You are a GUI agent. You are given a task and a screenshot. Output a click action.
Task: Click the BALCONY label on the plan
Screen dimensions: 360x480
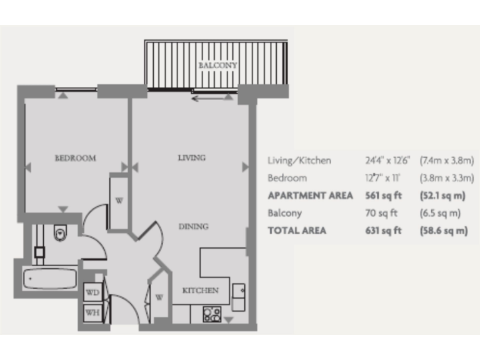(215, 65)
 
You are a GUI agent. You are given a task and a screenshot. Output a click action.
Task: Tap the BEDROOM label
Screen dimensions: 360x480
(76, 158)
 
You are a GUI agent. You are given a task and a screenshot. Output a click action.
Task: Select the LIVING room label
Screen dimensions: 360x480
(191, 157)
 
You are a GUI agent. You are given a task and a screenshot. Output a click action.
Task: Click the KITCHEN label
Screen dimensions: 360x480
(200, 291)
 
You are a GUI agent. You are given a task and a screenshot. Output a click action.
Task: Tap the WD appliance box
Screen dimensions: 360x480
(92, 292)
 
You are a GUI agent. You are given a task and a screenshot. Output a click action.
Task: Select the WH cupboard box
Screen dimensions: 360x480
(92, 312)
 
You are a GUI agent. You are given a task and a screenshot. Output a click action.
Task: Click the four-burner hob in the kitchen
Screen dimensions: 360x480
(212, 314)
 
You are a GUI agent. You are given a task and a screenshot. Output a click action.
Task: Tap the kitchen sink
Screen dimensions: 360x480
(238, 292)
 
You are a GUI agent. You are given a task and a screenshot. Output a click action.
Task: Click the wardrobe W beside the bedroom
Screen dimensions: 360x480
(119, 201)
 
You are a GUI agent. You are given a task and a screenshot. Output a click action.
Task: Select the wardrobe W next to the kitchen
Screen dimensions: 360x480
(159, 297)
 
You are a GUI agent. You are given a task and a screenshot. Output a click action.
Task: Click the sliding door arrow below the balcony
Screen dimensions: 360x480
(207, 98)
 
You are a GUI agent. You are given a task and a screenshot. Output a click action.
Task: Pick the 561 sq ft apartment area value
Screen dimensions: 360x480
(382, 196)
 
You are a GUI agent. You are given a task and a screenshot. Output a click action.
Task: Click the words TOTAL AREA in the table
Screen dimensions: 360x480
(297, 231)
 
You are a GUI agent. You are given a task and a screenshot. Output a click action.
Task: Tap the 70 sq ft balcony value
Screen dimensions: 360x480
(381, 213)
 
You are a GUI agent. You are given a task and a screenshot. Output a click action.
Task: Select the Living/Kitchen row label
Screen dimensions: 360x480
(299, 161)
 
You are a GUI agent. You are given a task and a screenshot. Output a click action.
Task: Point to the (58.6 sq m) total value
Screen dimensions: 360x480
(444, 231)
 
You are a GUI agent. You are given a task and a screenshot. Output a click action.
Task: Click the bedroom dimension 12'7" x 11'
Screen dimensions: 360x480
(382, 178)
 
